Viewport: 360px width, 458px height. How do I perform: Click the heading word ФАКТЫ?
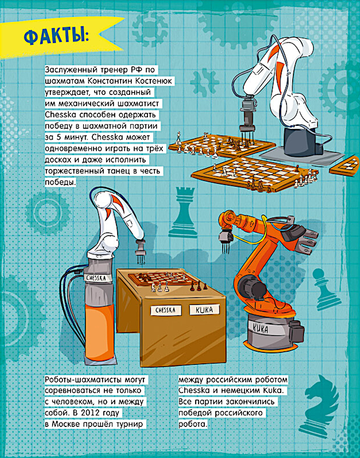(x=56, y=38)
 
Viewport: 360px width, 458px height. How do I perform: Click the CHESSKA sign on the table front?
(x=166, y=310)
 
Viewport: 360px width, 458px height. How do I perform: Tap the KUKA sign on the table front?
(x=204, y=310)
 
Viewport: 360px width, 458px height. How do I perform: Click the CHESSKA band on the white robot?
(x=96, y=278)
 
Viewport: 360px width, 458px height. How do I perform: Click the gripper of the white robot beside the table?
(x=140, y=251)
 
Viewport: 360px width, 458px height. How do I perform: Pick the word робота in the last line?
(x=193, y=424)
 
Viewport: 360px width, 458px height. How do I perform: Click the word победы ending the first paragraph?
(x=60, y=182)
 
